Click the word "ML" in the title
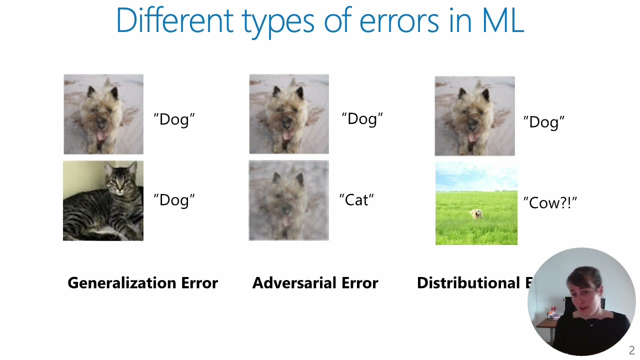502,20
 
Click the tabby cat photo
103,200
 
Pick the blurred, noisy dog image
289,200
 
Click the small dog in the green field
476,214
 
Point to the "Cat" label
356,200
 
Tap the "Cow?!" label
550,202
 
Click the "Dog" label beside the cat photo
174,200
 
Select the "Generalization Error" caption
142,283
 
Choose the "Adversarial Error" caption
315,283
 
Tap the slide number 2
631,350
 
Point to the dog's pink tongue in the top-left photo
101,135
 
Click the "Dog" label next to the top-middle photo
362,119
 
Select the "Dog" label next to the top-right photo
544,122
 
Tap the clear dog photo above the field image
474,116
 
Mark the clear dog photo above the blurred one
289,114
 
